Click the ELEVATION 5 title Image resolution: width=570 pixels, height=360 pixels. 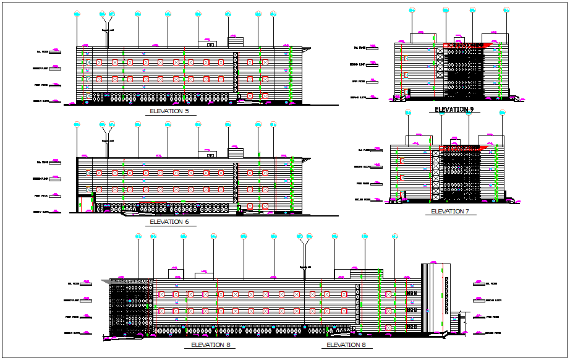(x=169, y=111)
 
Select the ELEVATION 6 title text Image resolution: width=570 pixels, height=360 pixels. (x=169, y=221)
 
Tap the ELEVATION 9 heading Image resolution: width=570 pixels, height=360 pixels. (x=454, y=109)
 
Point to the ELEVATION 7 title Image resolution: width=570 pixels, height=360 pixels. (x=450, y=212)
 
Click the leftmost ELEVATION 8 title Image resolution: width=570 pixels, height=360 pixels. (x=211, y=345)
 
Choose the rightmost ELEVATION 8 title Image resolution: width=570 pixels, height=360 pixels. (x=346, y=345)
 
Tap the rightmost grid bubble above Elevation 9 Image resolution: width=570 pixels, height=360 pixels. (x=506, y=10)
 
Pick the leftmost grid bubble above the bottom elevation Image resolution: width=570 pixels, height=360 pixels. (x=138, y=236)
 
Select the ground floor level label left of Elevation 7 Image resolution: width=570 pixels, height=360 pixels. (x=364, y=200)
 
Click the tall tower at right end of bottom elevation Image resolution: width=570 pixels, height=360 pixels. (x=435, y=298)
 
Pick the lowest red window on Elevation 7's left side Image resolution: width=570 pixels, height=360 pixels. (x=402, y=195)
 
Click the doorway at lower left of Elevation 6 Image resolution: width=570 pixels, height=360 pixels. (x=85, y=204)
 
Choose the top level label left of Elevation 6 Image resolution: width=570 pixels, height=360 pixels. (x=47, y=163)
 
